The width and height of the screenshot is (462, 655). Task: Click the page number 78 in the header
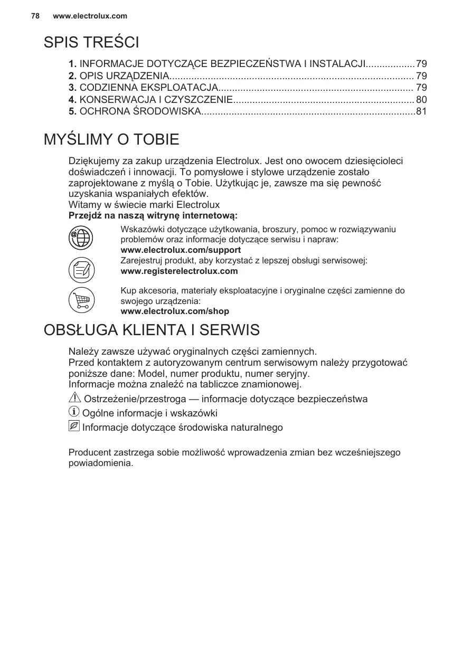35,16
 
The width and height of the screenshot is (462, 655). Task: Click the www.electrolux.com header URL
90,16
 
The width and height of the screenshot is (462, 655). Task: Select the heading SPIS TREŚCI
91,42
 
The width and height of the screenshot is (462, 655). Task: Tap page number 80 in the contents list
421,99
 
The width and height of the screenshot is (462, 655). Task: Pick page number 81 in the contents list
421,111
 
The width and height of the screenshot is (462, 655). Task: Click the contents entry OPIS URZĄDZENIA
124,75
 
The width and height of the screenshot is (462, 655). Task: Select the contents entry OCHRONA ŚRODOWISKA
140,111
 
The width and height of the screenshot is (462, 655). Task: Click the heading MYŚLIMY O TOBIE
111,140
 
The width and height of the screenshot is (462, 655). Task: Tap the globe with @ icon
81,238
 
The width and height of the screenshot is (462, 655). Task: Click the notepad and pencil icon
81,270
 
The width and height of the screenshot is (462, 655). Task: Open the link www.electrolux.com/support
181,250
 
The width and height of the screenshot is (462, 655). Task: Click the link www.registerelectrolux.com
179,271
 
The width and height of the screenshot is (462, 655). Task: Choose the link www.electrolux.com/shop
175,311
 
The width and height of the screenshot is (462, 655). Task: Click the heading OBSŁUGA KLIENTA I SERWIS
152,330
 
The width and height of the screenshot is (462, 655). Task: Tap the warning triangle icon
74,398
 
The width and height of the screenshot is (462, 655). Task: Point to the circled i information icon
74,412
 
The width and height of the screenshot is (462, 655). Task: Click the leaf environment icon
74,426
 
